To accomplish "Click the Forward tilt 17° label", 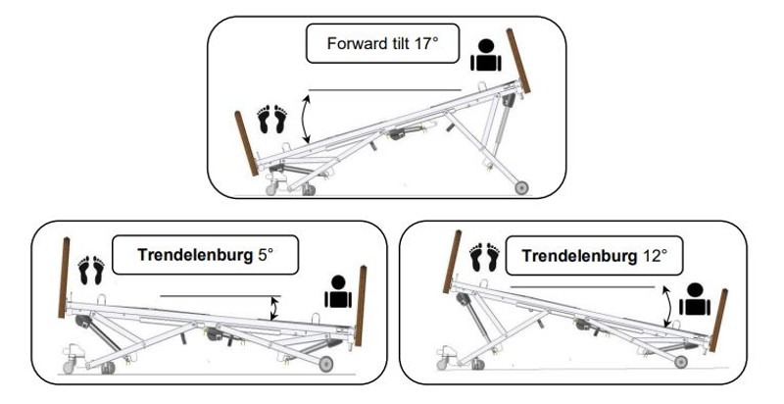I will point(383,45).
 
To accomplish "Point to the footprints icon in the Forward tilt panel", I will point(270,119).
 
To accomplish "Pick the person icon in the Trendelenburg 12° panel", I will point(696,298).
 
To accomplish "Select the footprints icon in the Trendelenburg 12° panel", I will point(484,258).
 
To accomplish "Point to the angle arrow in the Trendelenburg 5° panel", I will point(274,309).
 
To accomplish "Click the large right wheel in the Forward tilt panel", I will point(521,185).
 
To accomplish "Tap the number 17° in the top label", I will point(422,45).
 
